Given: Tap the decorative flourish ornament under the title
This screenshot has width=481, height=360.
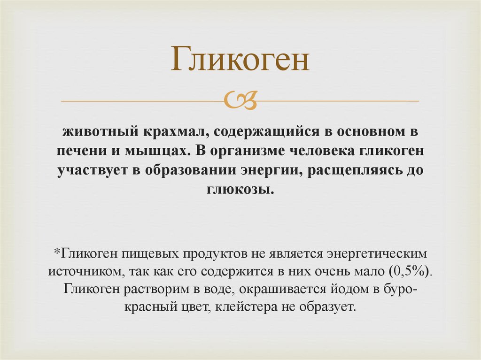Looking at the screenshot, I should pyautogui.click(x=240, y=100).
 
